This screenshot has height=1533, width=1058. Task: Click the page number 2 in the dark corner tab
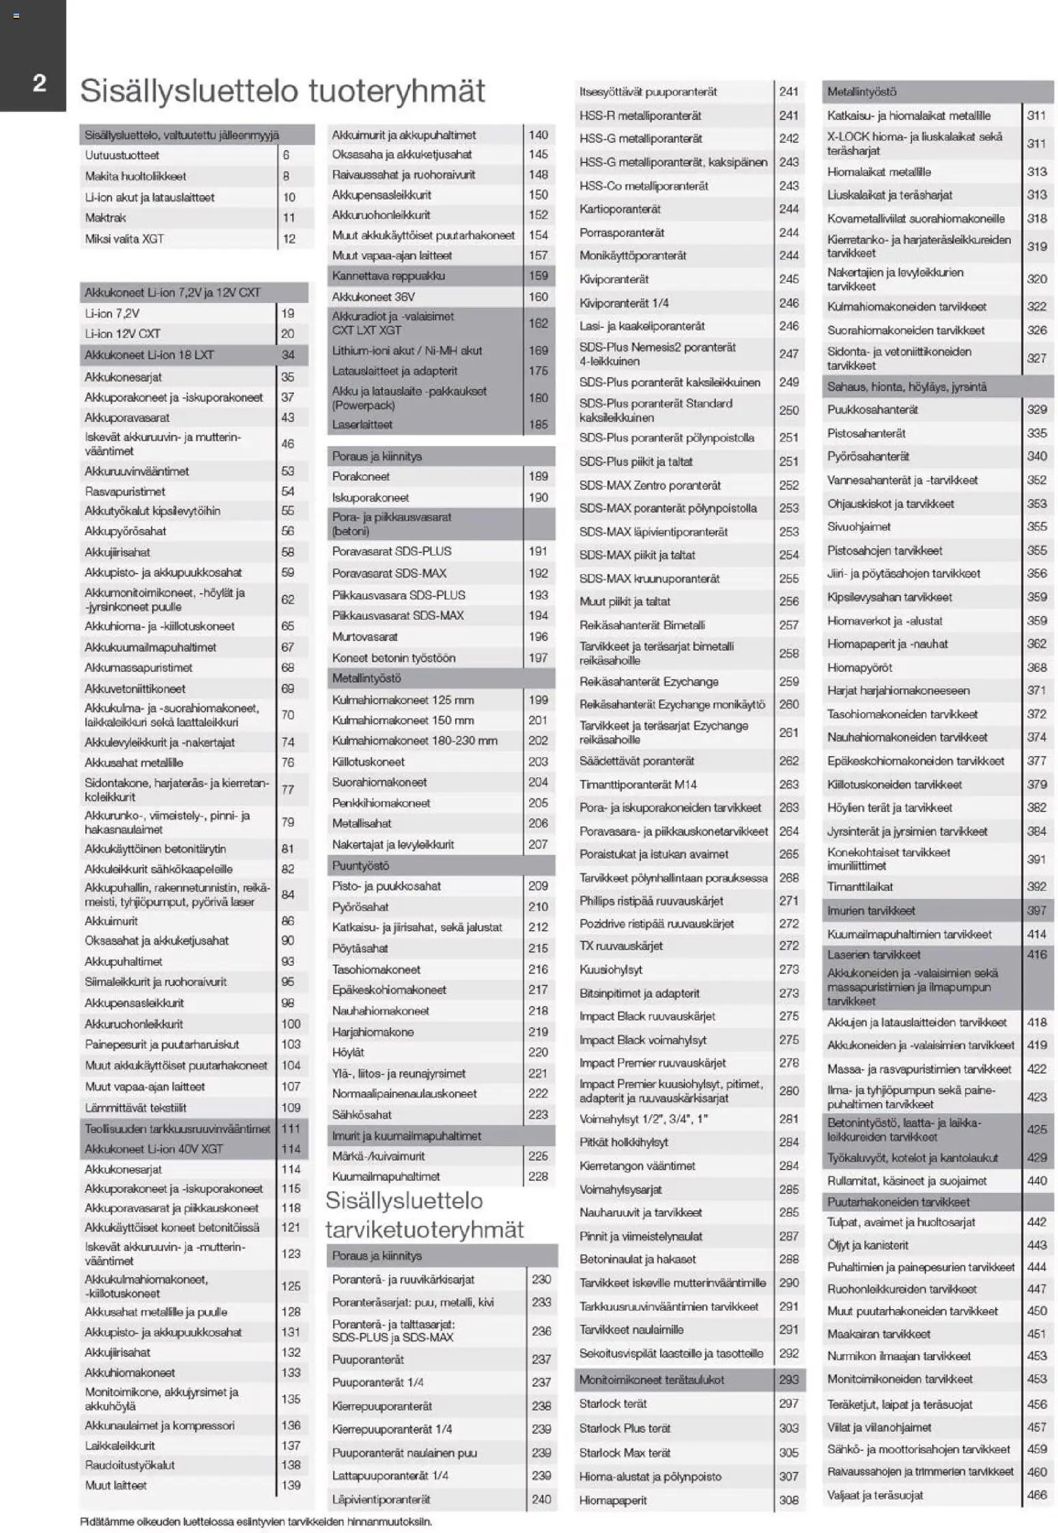[x=39, y=83]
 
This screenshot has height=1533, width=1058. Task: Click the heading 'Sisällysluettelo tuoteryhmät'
[x=282, y=91]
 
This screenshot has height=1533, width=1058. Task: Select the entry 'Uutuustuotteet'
[x=121, y=155]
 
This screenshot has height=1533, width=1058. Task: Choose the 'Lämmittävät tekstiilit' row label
[x=135, y=1107]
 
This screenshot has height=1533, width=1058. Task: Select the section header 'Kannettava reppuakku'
[x=388, y=276]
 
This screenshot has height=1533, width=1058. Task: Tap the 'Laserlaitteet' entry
[x=362, y=425]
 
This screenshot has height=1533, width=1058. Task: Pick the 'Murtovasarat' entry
[x=364, y=637]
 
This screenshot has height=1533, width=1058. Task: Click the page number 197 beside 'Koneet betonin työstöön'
[x=538, y=658]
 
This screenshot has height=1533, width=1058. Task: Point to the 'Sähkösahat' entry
[x=362, y=1115]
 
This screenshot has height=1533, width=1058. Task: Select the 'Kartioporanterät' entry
[x=620, y=209]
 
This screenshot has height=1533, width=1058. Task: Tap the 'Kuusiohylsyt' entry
[x=610, y=969]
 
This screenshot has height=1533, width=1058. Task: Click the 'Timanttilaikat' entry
[x=859, y=887]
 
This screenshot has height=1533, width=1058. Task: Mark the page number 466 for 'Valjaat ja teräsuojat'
[x=1036, y=1495]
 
